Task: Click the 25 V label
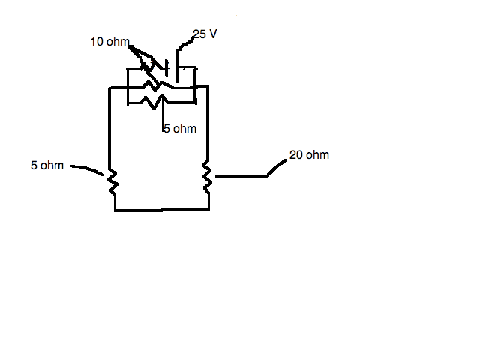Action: coord(205,34)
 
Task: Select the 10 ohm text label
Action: coord(110,42)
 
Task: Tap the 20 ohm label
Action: coord(309,155)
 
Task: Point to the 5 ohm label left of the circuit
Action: coord(47,165)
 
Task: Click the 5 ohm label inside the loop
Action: coord(180,128)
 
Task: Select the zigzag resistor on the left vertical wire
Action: coord(112,181)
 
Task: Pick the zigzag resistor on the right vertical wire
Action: coord(207,178)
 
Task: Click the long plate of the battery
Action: coord(178,65)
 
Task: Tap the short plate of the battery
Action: coord(166,68)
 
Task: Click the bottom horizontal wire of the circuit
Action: coord(162,210)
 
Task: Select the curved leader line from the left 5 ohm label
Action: coord(87,169)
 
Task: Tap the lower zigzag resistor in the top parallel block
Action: coord(154,102)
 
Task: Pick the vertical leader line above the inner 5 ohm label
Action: coord(163,115)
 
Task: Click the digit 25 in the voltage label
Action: coord(199,34)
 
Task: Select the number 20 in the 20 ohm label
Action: coord(296,155)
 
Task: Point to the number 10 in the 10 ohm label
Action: coord(97,42)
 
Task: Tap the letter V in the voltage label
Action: coord(213,34)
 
